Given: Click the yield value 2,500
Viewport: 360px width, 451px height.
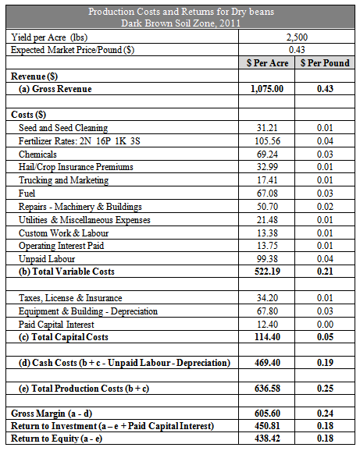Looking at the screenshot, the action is click(297, 37).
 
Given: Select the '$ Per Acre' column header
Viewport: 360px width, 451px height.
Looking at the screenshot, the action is click(267, 63).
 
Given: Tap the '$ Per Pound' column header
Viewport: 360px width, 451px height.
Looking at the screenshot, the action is click(325, 63).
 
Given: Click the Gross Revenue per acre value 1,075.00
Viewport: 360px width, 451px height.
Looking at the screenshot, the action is click(267, 89).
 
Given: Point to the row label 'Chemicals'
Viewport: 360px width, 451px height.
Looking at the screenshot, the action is click(37, 154).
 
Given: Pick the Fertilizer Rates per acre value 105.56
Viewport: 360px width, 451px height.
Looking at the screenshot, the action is click(267, 141).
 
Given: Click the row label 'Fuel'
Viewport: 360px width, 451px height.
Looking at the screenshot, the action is click(27, 194).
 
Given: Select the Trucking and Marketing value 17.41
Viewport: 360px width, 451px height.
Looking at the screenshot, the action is click(267, 180).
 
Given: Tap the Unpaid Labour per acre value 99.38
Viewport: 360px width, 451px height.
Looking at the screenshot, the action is click(267, 259).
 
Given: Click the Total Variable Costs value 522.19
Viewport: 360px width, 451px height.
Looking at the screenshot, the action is click(267, 272).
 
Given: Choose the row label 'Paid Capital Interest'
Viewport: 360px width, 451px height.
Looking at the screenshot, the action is click(56, 325).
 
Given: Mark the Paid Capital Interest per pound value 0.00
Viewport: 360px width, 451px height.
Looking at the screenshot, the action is click(325, 325).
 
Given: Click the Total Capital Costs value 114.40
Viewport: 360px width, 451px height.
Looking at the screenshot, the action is click(267, 337).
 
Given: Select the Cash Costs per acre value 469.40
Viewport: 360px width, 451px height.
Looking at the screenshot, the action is click(267, 363).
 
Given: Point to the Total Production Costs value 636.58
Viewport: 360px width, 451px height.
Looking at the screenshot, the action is click(267, 389).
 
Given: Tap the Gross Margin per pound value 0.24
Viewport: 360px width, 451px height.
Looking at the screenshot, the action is click(325, 414).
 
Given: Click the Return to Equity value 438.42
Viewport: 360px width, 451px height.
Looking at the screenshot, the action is click(267, 439).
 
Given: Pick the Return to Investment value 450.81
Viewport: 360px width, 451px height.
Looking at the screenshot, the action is click(267, 426).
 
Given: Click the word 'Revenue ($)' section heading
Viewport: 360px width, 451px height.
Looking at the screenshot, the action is click(34, 76).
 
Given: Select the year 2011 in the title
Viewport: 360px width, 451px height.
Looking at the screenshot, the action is click(230, 23).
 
